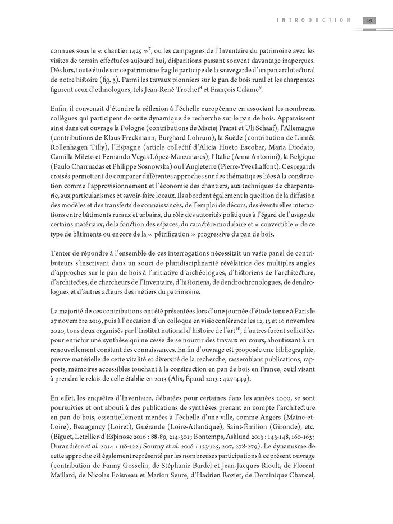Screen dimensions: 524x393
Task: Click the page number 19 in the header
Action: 370,20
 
